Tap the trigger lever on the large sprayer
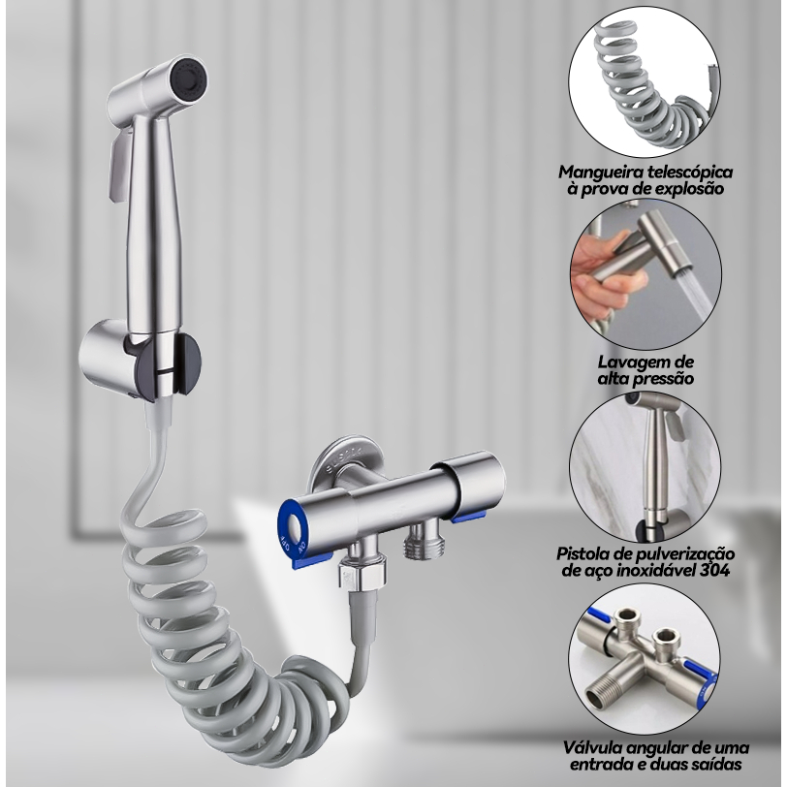(x=119, y=167)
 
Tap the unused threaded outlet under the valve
(x=425, y=541)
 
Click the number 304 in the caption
(x=714, y=570)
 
